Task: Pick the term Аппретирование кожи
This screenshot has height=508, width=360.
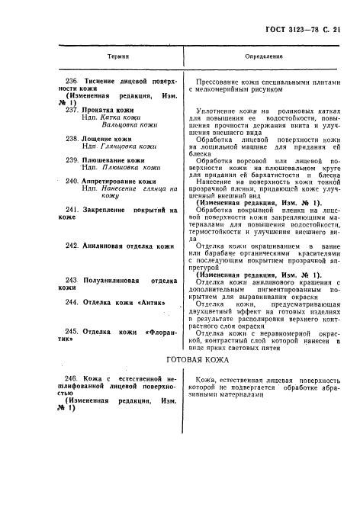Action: (x=125, y=182)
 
